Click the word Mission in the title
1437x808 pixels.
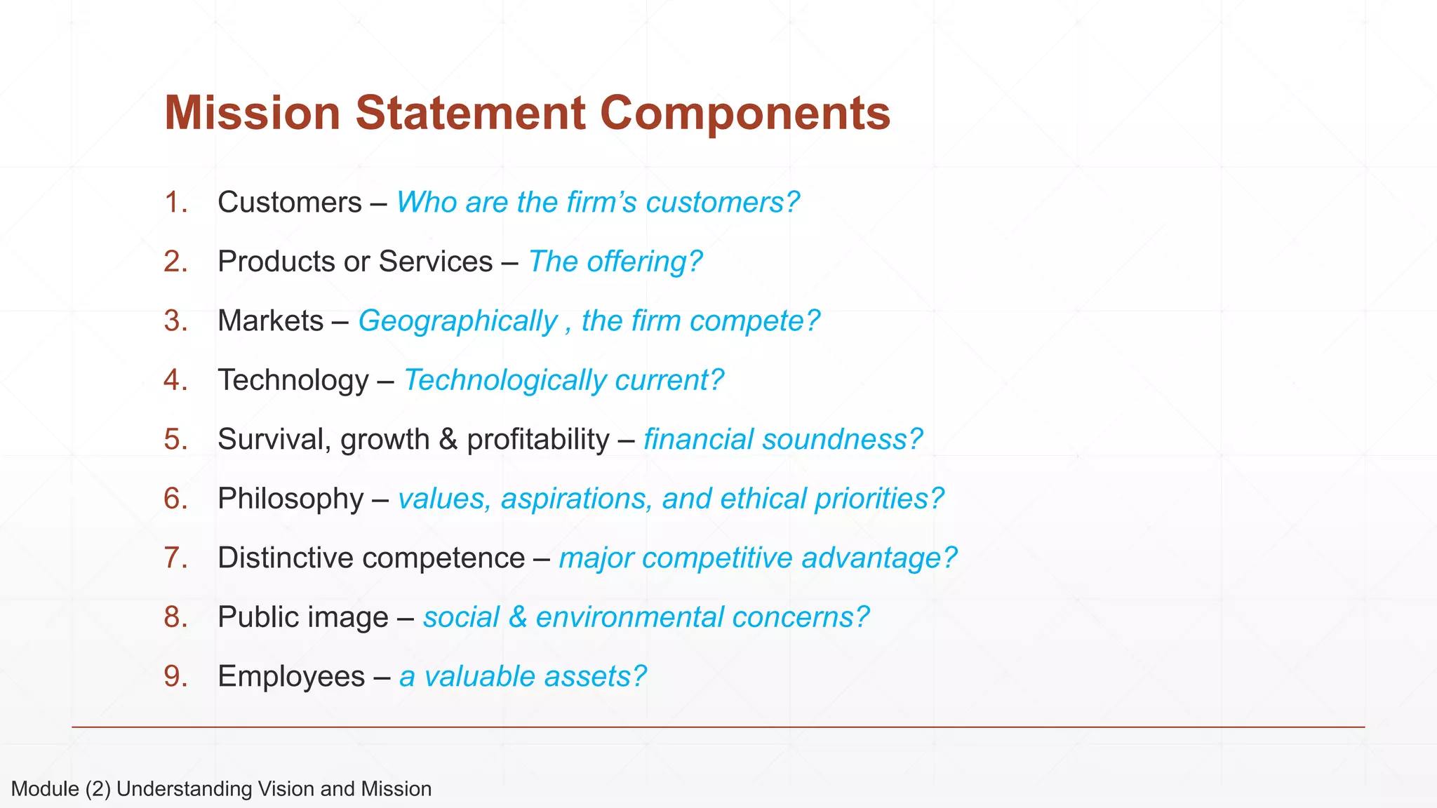coord(252,112)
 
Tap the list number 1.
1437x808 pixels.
coord(175,203)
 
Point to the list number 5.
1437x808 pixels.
coord(175,440)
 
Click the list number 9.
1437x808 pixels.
coord(175,677)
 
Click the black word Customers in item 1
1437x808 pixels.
coord(289,203)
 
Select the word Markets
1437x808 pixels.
coord(270,321)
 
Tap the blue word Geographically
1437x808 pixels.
coord(457,321)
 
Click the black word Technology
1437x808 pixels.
coord(293,381)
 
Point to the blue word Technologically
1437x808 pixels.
coord(505,381)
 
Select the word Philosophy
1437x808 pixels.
coord(290,499)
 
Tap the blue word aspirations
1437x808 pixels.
coord(576,499)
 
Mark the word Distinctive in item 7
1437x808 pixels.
coord(286,558)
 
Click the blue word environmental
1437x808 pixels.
coord(629,618)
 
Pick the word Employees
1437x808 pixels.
coord(290,677)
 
